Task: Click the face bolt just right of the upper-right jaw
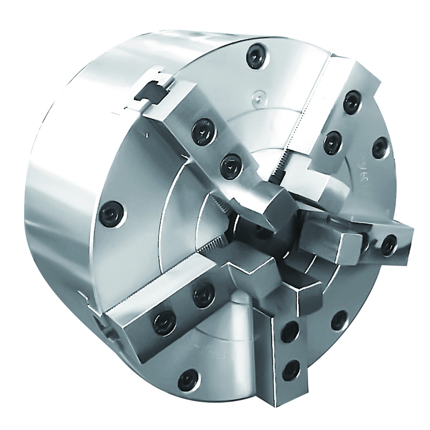(380, 147)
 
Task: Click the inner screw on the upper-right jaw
(332, 142)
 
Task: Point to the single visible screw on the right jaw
(389, 244)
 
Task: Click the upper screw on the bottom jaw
(290, 333)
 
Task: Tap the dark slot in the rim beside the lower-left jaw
(102, 325)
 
